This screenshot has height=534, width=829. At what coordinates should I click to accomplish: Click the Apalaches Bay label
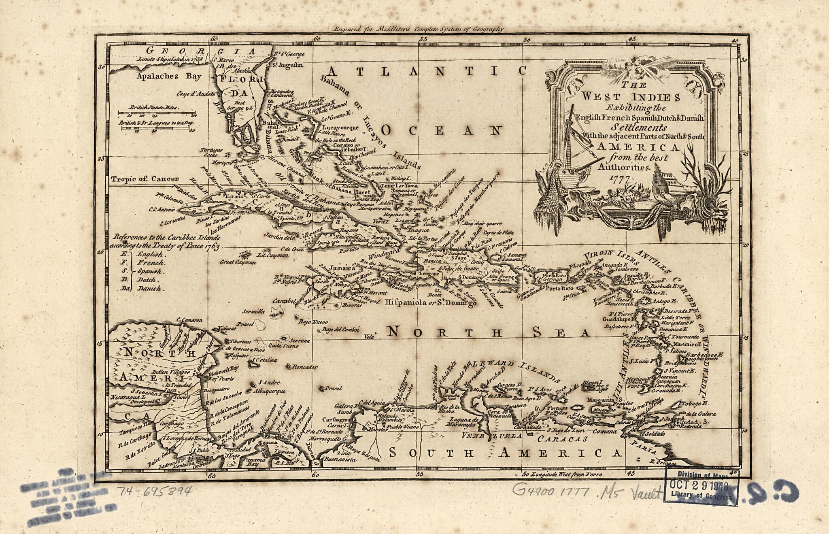[169, 76]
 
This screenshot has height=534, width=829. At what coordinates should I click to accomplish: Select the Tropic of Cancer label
[145, 179]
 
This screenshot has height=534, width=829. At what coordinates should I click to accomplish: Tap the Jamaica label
[340, 268]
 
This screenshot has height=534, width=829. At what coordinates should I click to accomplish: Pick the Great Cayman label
[238, 262]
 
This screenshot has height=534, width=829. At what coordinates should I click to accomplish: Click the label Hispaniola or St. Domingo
[431, 302]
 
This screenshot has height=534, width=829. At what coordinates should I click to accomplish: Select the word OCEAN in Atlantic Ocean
[442, 131]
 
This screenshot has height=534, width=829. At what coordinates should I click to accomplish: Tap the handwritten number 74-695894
[154, 491]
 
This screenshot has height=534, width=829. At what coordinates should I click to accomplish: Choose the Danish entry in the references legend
[149, 289]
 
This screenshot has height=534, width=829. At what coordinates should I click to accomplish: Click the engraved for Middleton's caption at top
[418, 29]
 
